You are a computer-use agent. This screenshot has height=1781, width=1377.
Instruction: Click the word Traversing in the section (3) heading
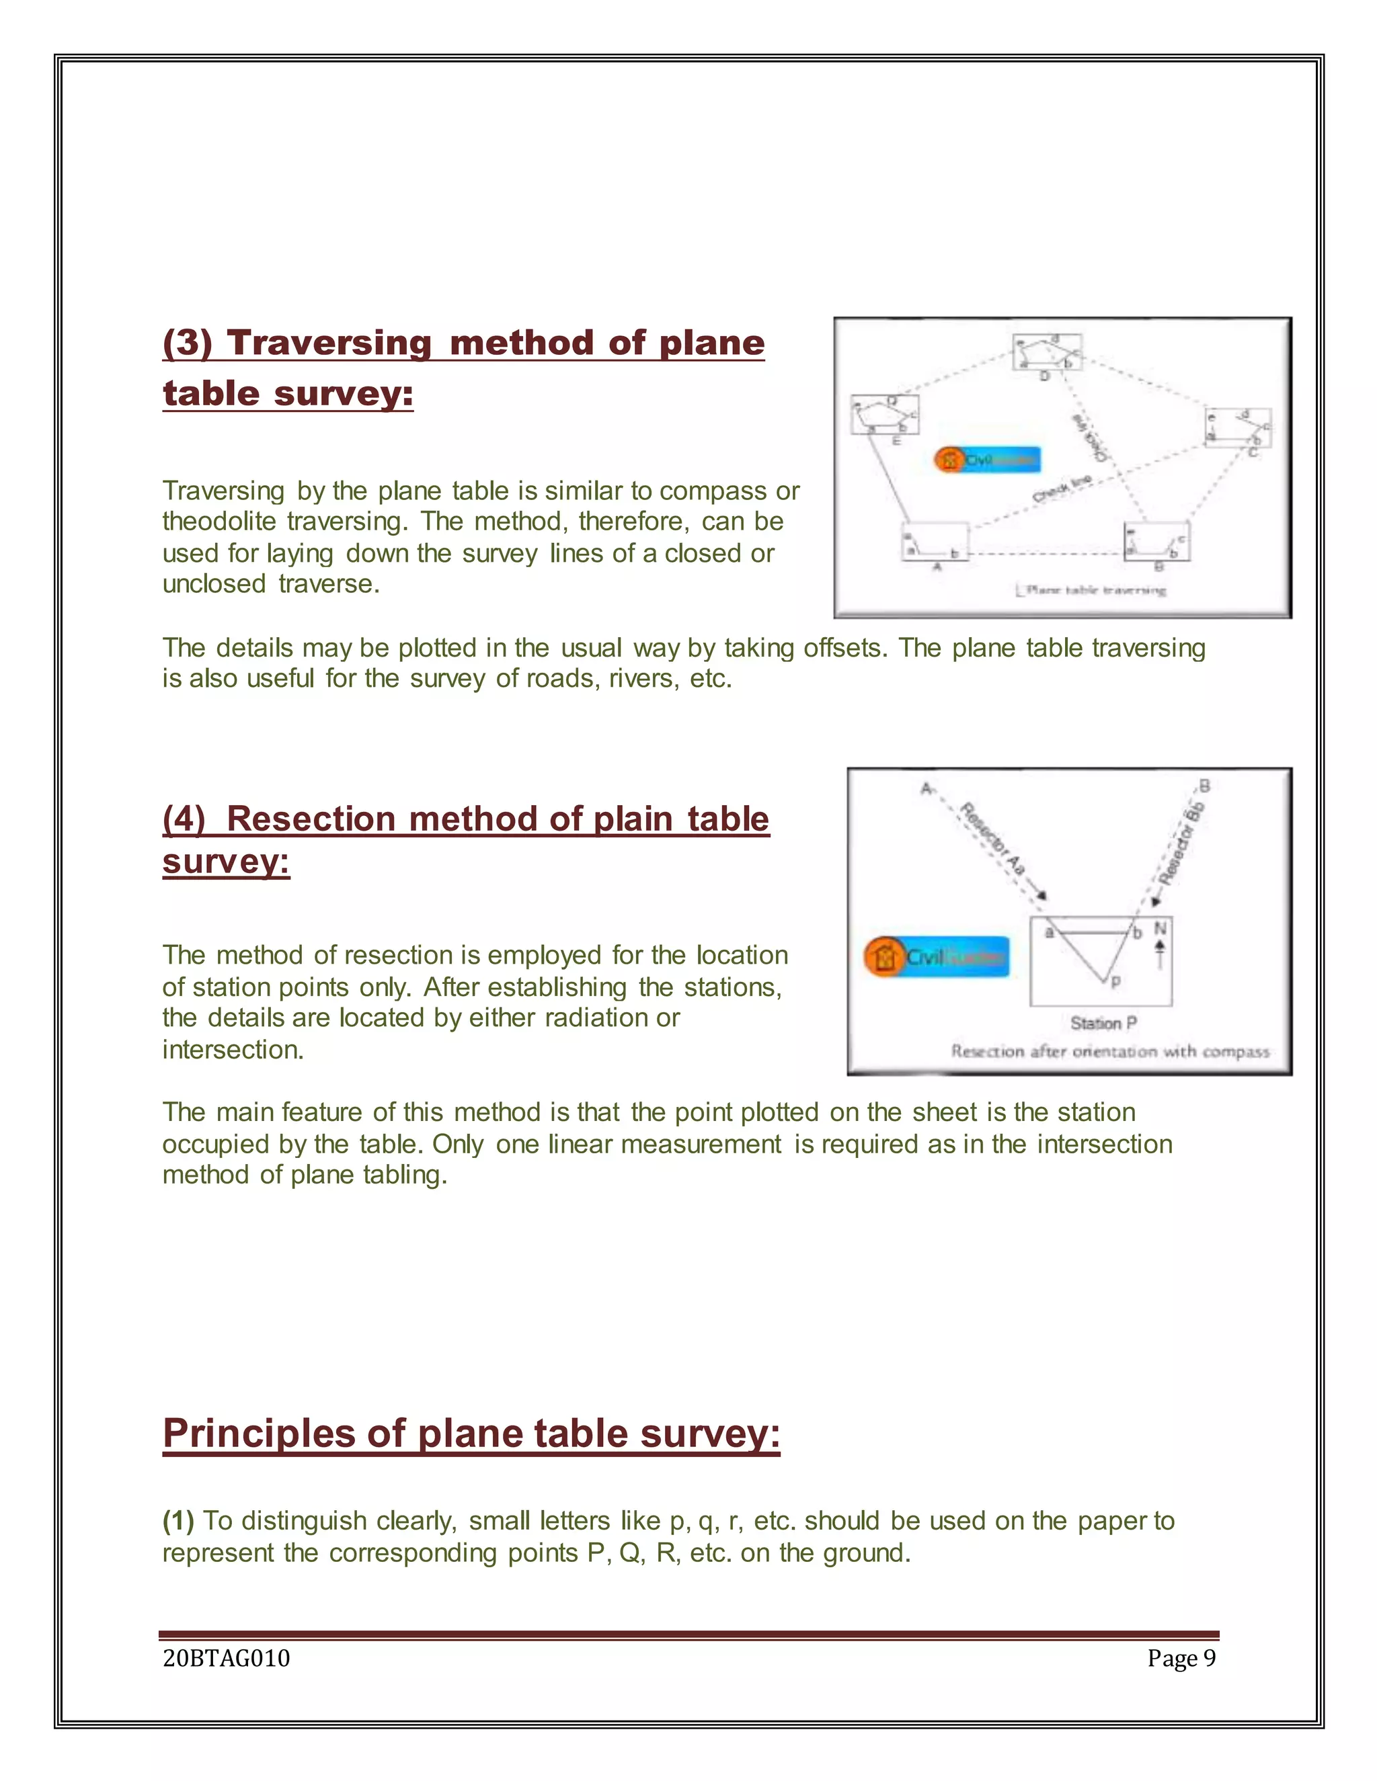(x=329, y=343)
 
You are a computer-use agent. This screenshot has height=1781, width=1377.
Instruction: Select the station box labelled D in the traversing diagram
(x=1047, y=352)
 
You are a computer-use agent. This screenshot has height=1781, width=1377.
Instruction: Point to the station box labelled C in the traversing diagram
(x=1236, y=427)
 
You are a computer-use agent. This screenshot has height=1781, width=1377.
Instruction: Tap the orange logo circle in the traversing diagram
(x=949, y=460)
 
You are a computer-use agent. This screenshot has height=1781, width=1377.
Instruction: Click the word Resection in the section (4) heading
(x=311, y=819)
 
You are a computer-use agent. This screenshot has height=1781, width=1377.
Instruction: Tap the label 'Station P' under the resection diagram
(x=1103, y=1024)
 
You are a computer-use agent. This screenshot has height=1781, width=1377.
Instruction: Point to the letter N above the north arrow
(x=1160, y=929)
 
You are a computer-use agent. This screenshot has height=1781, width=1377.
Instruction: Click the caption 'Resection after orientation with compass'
(x=1109, y=1052)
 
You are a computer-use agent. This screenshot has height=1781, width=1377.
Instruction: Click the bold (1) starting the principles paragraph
(x=178, y=1522)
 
